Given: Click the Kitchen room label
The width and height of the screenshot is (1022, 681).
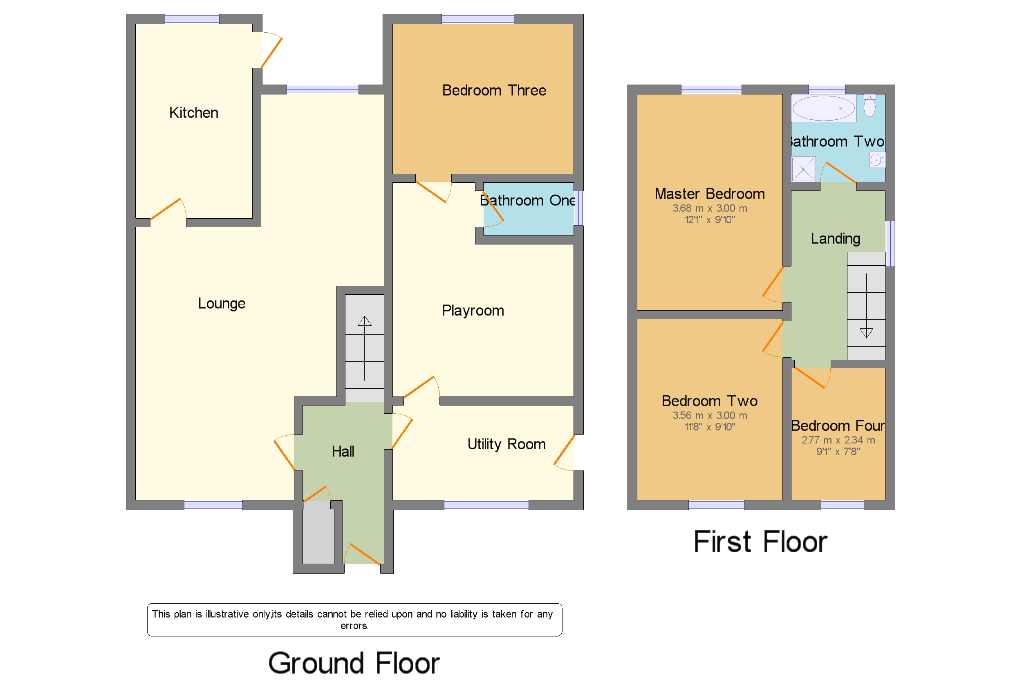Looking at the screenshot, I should (193, 113).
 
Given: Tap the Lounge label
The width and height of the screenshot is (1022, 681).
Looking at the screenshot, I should (222, 303).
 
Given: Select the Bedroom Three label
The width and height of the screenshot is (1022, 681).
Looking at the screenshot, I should (494, 90).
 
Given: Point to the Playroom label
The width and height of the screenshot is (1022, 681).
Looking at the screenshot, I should (473, 311).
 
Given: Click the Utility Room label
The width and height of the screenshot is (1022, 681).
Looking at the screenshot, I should (507, 444).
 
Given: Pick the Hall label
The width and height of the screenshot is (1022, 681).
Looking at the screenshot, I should (343, 452).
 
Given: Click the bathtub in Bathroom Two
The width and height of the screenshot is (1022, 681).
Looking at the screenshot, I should (823, 108).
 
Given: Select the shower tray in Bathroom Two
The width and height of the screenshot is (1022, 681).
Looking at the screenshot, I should (803, 169).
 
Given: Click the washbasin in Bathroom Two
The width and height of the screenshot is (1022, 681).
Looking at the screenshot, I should (876, 160).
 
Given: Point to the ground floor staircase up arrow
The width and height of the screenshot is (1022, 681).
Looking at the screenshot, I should (364, 321).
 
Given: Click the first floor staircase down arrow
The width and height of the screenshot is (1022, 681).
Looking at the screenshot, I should (866, 333).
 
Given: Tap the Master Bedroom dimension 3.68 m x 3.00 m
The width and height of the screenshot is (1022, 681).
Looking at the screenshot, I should (710, 208).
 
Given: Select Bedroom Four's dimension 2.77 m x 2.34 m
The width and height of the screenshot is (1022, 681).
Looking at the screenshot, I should (838, 440).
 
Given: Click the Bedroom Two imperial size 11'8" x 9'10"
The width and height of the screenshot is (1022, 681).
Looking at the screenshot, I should (710, 427).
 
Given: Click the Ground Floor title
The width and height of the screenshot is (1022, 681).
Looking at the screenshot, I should (354, 663).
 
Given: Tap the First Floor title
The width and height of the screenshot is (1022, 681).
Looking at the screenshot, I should (760, 542).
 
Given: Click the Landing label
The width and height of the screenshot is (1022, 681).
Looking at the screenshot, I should (835, 238).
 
